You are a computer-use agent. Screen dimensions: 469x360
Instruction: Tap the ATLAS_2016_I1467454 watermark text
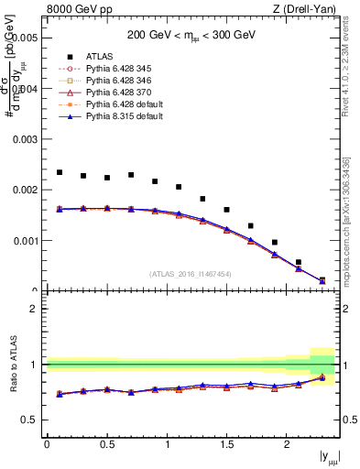191,273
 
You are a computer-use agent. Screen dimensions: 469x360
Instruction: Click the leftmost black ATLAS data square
60,172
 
